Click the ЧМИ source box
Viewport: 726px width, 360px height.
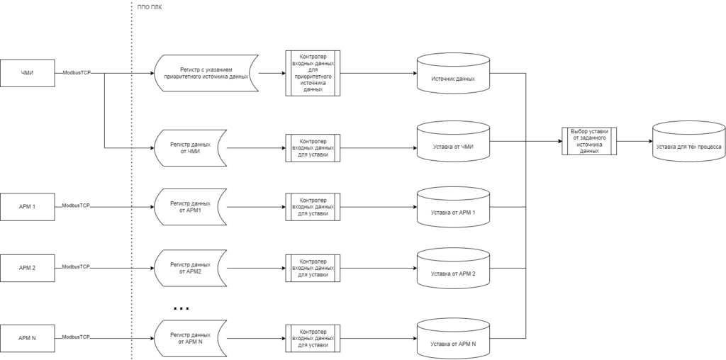click(x=28, y=73)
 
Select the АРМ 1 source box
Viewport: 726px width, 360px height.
click(x=28, y=207)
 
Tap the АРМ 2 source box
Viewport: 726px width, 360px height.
click(x=28, y=268)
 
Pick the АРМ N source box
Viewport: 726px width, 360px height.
click(x=28, y=338)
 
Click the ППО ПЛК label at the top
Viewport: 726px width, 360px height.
click(x=150, y=7)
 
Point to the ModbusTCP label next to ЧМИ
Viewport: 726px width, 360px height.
click(x=77, y=73)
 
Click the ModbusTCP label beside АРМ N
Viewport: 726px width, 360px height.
click(x=76, y=337)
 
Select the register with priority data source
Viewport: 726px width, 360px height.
click(x=206, y=73)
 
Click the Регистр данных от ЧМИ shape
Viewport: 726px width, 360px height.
click(x=190, y=148)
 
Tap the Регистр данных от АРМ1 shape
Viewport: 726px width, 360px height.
click(x=190, y=207)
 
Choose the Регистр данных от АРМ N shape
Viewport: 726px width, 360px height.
click(x=190, y=338)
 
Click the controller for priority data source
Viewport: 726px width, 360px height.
click(x=313, y=73)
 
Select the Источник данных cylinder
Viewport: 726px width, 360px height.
click(x=453, y=73)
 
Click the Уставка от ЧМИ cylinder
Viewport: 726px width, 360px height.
click(x=453, y=141)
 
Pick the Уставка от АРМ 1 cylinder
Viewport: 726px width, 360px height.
click(x=453, y=207)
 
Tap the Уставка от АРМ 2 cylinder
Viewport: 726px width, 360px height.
click(x=453, y=268)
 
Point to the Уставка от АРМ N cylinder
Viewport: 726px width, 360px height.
click(x=453, y=338)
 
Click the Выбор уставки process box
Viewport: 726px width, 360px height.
click(x=589, y=141)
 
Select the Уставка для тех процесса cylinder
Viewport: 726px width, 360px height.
click(x=689, y=141)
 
